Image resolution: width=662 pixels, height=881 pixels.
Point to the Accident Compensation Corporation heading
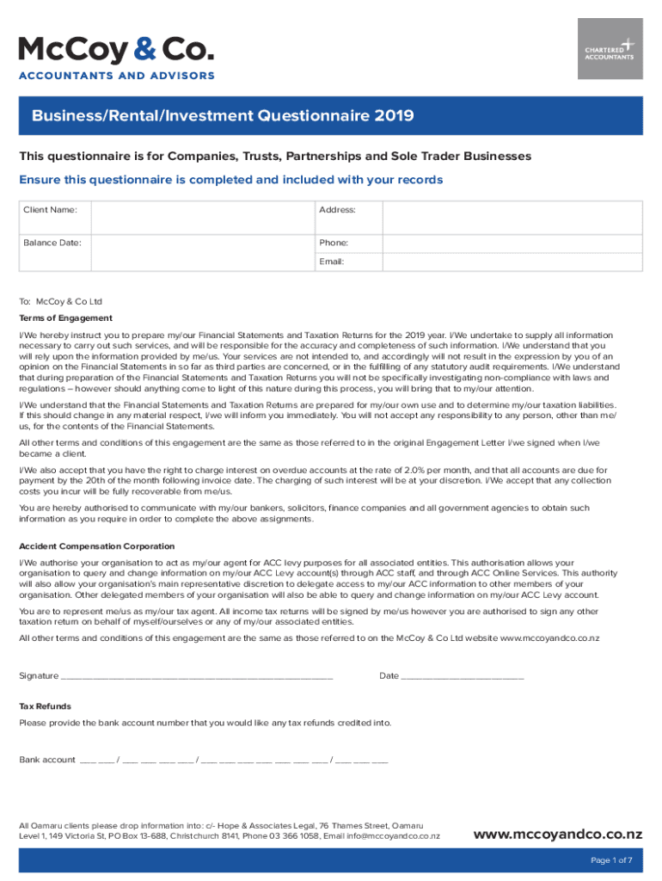(96, 546)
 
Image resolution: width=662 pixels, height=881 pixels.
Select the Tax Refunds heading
(46, 706)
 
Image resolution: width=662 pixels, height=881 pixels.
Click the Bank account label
(47, 760)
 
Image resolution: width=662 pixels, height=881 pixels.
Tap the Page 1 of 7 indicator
(611, 860)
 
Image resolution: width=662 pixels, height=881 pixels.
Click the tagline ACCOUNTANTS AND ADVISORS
(117, 76)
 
